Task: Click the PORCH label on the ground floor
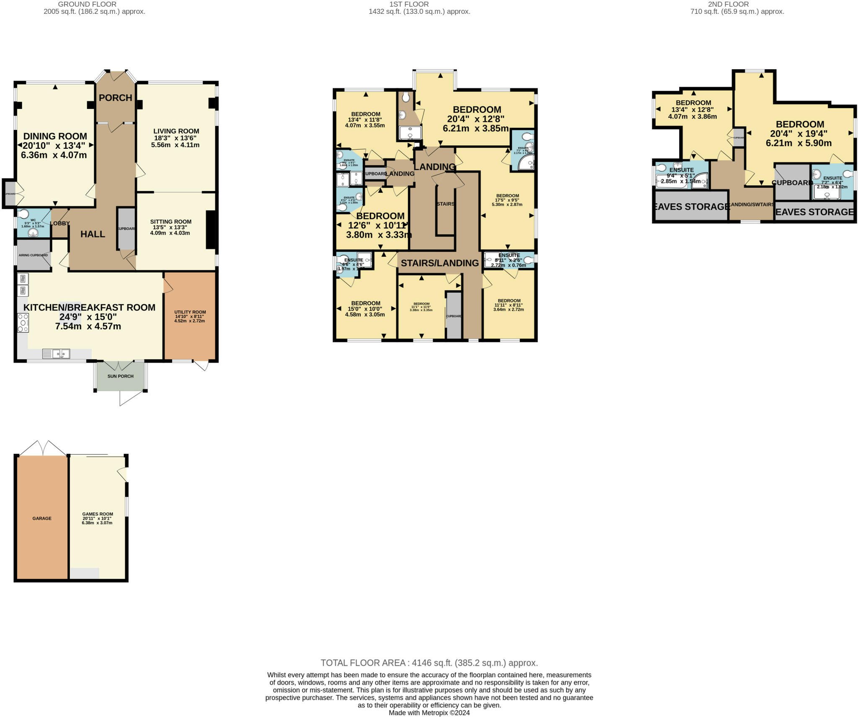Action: click(115, 98)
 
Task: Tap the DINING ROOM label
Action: click(55, 136)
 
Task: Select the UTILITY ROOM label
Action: click(190, 312)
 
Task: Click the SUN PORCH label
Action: click(120, 376)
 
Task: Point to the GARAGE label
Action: click(42, 518)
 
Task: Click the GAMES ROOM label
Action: click(97, 514)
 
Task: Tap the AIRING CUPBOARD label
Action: click(33, 255)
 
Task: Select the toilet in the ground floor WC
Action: click(23, 214)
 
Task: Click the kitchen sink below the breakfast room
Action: click(56, 354)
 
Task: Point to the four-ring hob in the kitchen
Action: click(23, 323)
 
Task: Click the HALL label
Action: click(93, 234)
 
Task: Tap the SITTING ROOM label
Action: click(171, 222)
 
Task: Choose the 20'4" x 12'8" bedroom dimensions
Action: click(476, 119)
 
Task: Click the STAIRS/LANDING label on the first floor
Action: click(439, 263)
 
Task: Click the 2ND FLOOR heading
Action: click(737, 4)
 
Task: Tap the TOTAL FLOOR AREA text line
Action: click(429, 663)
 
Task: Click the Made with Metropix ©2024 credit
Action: click(429, 713)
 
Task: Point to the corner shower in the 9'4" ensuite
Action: click(700, 181)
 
